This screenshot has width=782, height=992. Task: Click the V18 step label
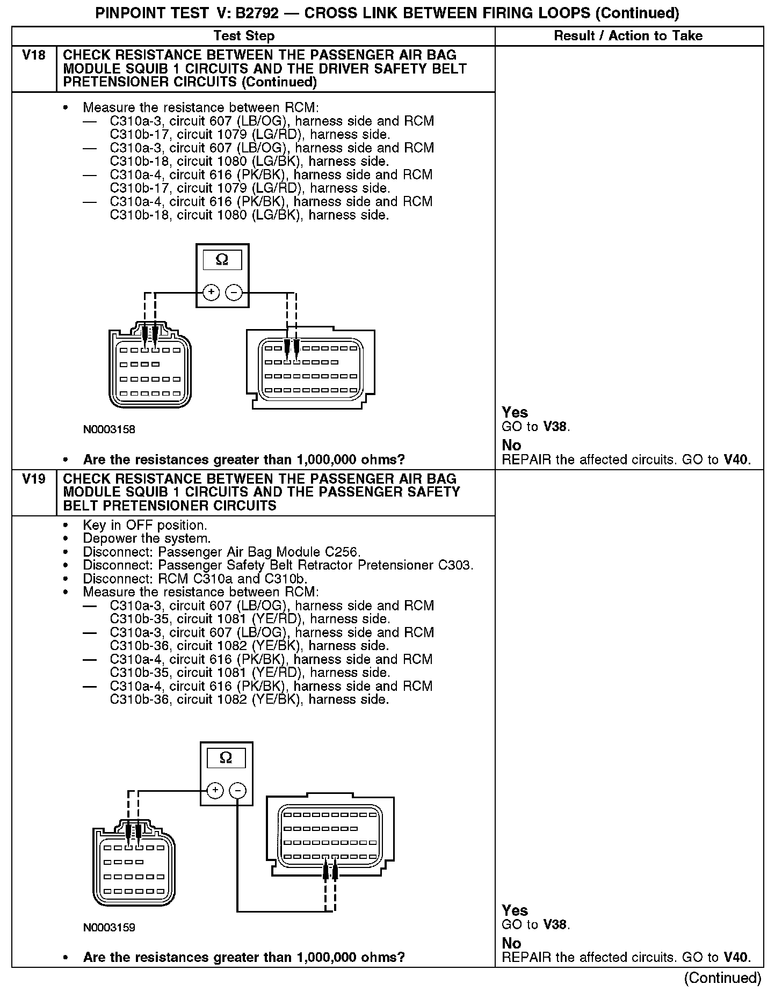[x=33, y=55]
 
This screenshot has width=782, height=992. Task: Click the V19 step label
[x=33, y=479]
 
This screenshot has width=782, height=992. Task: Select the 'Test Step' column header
[x=244, y=36]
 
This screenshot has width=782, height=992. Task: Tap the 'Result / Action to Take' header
[x=628, y=36]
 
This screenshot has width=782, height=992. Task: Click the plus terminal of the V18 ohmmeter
[x=211, y=293]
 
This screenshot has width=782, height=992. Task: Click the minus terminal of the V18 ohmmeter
[x=234, y=293]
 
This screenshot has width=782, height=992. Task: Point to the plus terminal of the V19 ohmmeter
[x=215, y=791]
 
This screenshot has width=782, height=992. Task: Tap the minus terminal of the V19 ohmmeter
[x=237, y=791]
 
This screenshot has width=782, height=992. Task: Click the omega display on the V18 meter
[x=222, y=260]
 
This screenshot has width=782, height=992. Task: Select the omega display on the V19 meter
[x=226, y=758]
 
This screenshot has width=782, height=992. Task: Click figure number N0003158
[x=109, y=429]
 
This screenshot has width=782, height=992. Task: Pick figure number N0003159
[x=109, y=927]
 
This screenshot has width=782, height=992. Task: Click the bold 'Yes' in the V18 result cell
[x=515, y=412]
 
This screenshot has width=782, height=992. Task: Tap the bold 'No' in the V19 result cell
[x=511, y=943]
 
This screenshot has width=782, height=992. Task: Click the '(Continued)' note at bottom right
[x=722, y=978]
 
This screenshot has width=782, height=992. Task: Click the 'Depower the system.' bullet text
[x=147, y=538]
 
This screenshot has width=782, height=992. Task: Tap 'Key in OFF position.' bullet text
[x=144, y=525]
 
